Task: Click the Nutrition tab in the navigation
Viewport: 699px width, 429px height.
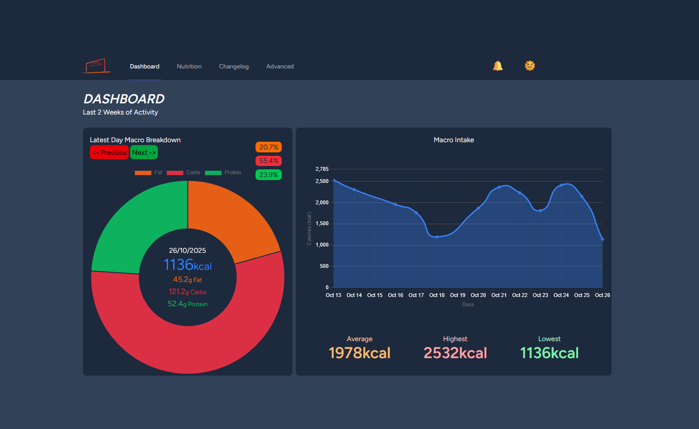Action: pos(189,66)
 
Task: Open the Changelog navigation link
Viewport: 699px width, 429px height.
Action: pos(234,66)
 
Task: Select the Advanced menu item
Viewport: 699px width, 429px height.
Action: pos(280,66)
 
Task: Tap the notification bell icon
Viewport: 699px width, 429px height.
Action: pos(497,66)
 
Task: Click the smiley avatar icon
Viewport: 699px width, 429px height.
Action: pos(529,66)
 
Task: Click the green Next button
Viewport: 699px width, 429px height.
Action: pos(144,152)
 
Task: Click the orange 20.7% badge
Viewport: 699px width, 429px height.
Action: pos(269,147)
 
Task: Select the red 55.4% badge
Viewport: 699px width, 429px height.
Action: pos(269,161)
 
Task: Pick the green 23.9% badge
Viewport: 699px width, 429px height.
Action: pos(269,175)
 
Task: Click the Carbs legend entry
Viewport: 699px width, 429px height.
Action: pos(183,173)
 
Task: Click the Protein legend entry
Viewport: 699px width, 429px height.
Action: pos(223,173)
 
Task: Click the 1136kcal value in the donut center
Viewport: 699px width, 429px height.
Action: pos(188,265)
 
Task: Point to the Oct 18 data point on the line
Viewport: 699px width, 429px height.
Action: pos(437,237)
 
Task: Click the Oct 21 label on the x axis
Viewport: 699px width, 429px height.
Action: pos(499,295)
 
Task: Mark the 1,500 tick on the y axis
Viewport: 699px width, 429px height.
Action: pos(322,224)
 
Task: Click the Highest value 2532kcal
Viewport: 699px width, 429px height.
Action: pos(455,353)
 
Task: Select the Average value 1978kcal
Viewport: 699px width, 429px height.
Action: pos(359,353)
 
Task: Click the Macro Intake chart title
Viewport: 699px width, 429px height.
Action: pos(454,140)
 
